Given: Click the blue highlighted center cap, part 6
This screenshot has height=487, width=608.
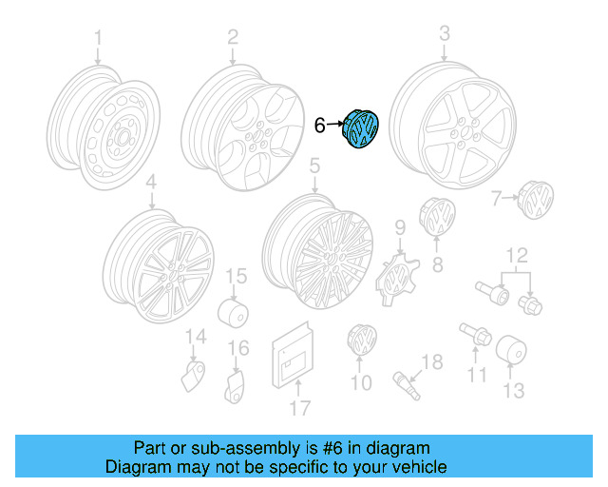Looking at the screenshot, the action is tap(360, 129).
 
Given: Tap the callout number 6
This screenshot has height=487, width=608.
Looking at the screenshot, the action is tap(319, 126).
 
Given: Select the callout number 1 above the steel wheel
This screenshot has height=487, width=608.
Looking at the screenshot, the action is tap(98, 38).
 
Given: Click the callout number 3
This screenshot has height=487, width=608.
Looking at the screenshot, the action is tap(445, 33).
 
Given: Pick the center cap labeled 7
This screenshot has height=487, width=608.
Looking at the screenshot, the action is tap(536, 200).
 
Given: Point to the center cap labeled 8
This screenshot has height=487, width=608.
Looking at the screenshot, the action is tap(437, 216).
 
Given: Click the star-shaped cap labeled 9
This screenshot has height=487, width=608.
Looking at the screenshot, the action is tap(397, 278).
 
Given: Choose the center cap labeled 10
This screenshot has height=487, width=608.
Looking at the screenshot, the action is tap(362, 340).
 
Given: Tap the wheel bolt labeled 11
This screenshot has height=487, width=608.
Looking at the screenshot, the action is tap(475, 334).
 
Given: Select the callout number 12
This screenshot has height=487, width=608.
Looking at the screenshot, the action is tap(517, 256).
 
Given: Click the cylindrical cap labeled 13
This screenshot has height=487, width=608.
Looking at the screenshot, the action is tap(511, 349).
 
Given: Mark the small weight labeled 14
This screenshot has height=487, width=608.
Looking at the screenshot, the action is tap(193, 376).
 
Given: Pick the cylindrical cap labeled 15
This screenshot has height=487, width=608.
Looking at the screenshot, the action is tap(233, 313).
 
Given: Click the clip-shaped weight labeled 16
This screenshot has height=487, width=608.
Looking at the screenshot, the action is tap(236, 387).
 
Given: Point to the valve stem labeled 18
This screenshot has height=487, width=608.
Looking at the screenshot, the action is tap(407, 385).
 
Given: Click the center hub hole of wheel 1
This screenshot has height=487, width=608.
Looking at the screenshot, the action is tap(123, 138).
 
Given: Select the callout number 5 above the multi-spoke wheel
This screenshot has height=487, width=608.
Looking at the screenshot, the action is tap(314, 166).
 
